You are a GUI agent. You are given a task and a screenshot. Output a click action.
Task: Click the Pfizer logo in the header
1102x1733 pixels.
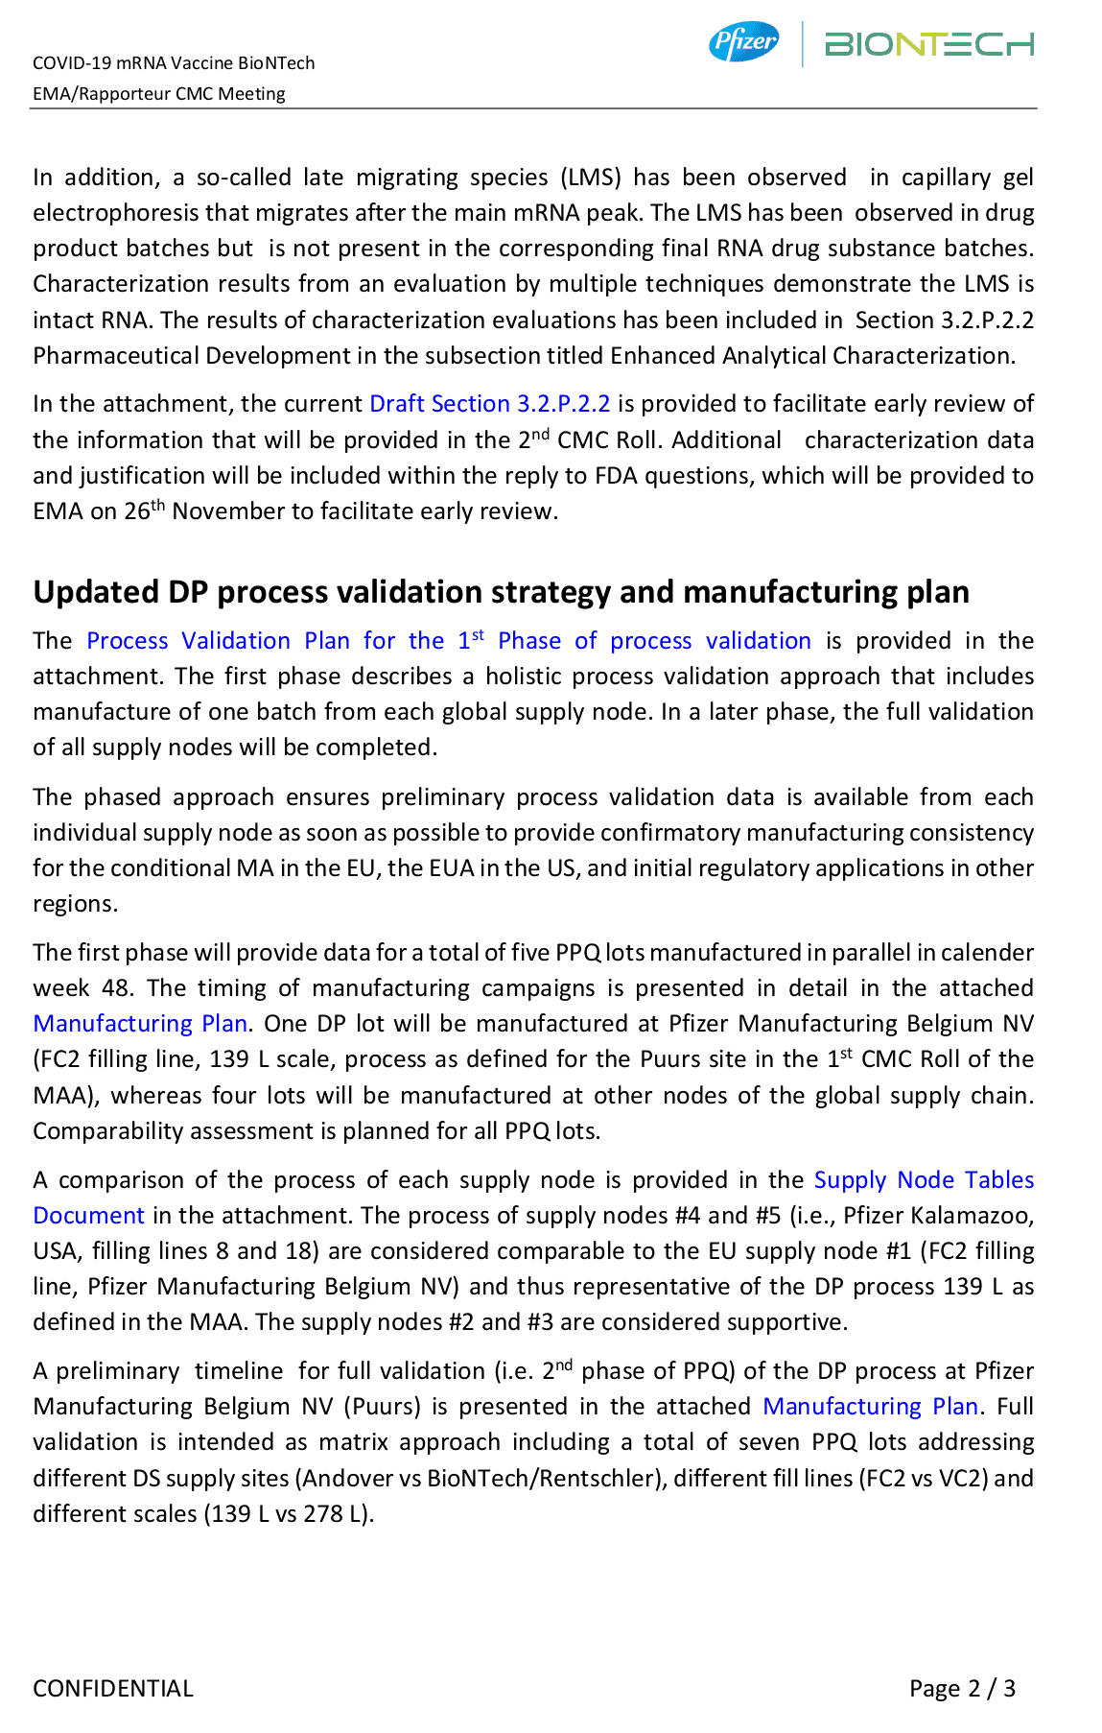tap(743, 42)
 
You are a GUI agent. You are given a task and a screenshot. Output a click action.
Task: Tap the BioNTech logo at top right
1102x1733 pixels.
tap(928, 44)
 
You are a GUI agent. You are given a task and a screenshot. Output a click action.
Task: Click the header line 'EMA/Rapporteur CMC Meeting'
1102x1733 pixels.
tap(159, 94)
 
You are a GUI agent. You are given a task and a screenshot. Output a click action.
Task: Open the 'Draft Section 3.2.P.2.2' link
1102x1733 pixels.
tap(489, 404)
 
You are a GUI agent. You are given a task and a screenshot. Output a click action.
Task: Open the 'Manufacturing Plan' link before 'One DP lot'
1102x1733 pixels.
tap(140, 1024)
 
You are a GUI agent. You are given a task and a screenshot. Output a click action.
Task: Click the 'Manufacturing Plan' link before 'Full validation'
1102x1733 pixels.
tap(870, 1407)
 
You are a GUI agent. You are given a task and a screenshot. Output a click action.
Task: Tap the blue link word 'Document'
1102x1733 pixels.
tap(88, 1216)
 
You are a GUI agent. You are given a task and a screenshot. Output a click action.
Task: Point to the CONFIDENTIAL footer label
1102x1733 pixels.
tap(113, 1688)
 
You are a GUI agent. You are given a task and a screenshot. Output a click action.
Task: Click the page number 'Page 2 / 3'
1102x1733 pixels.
tap(962, 1688)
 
